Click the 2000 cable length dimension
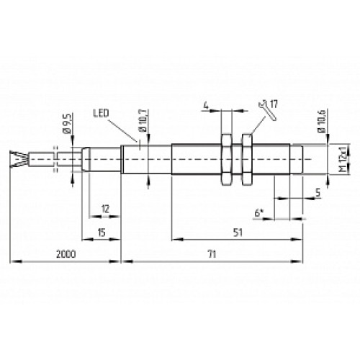coord(64,254)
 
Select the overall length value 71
coord(210,254)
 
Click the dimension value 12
coord(105,209)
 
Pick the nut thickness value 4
coord(207,107)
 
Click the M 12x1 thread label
coord(333,158)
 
